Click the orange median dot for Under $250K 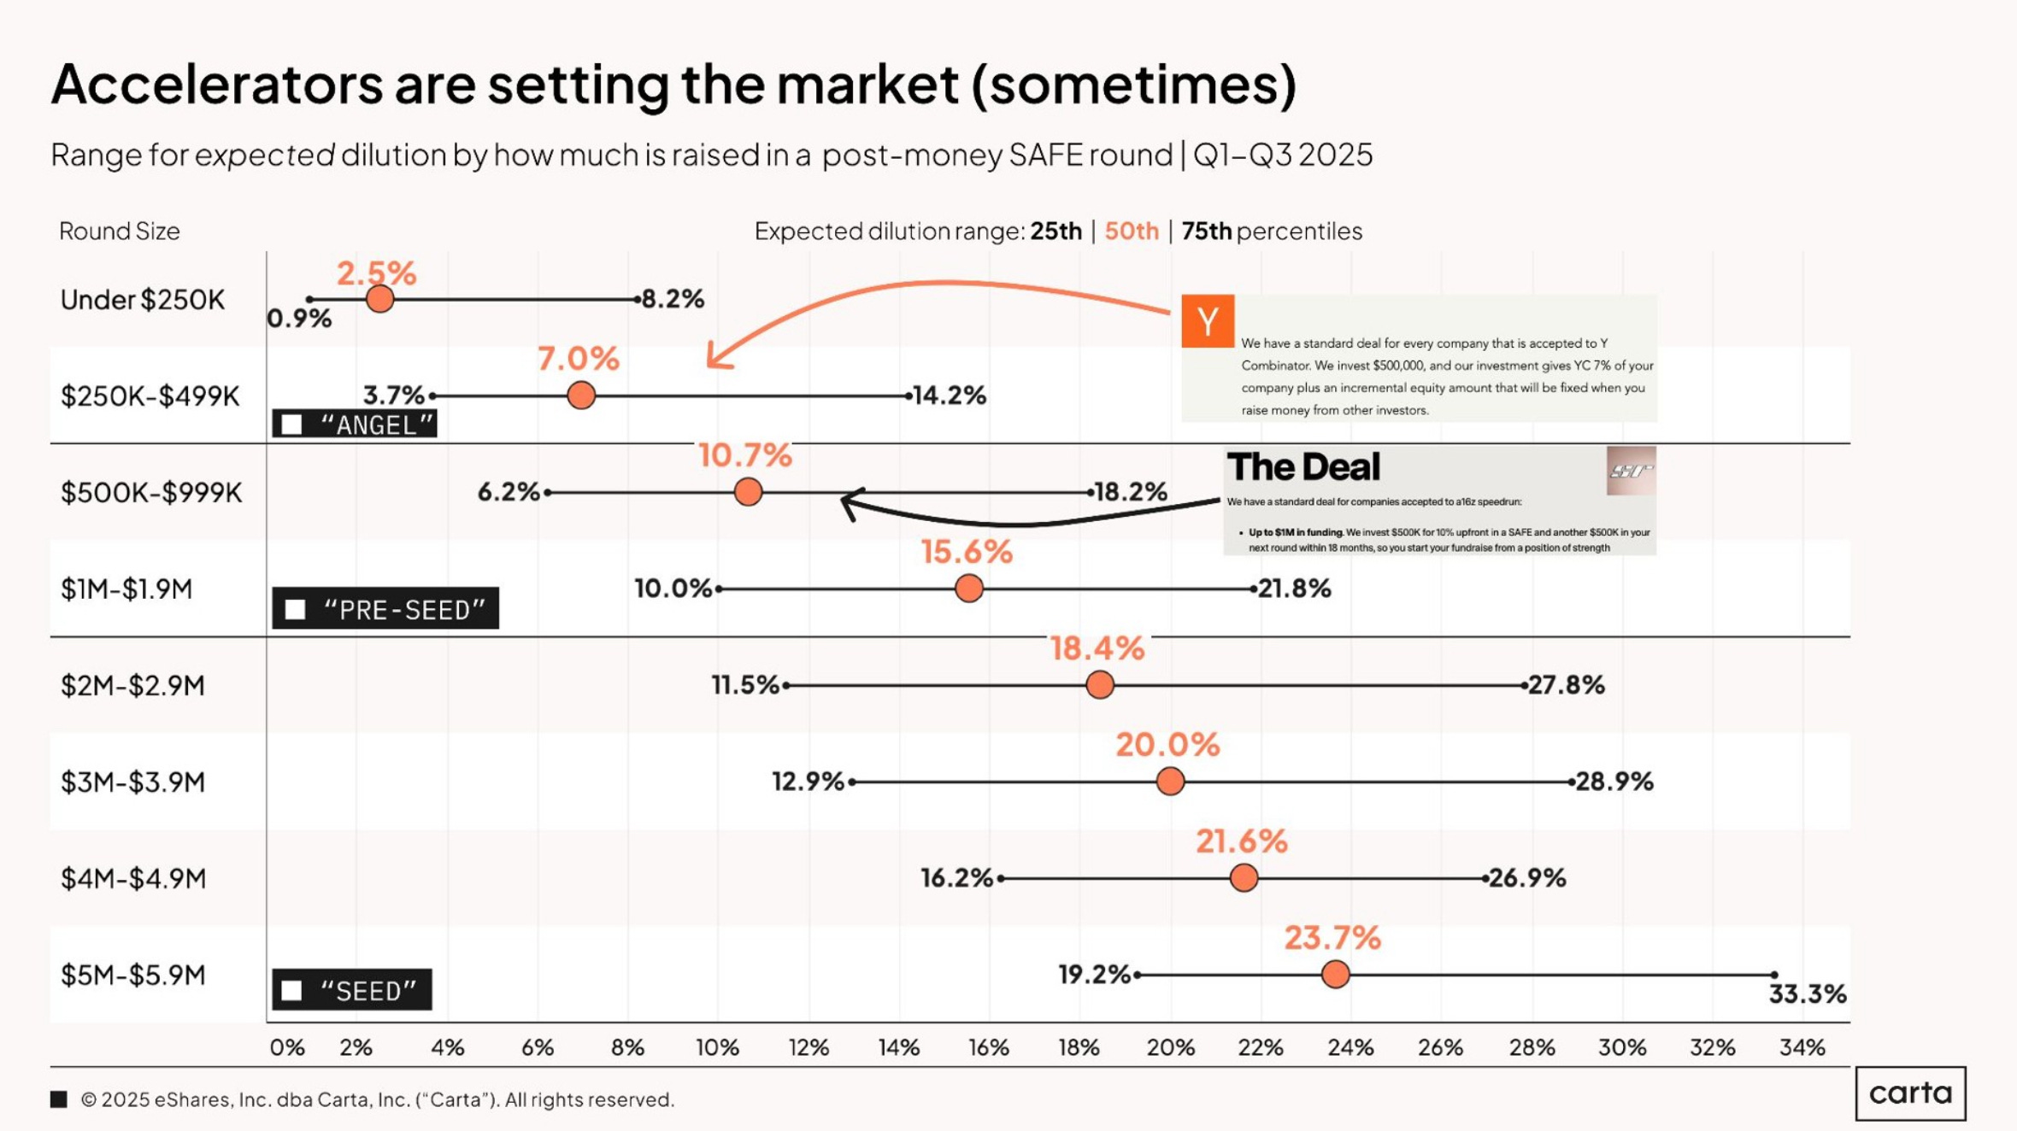pos(379,299)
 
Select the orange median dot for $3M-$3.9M pos(1170,781)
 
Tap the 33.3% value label pos(1807,993)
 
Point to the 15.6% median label pos(967,552)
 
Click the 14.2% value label pos(949,396)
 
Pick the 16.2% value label pos(956,877)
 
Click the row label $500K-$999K pos(151,493)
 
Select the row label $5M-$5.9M pos(132,975)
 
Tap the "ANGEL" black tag pos(355,425)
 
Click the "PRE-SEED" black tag pos(385,609)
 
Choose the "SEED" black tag pos(352,990)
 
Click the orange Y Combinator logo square pos(1207,321)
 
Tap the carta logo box pos(1910,1093)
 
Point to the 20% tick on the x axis pos(1170,1047)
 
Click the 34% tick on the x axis pos(1802,1047)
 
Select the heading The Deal pos(1303,467)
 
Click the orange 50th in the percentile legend pos(1131,231)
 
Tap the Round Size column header pos(120,231)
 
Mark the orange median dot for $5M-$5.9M pos(1335,974)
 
